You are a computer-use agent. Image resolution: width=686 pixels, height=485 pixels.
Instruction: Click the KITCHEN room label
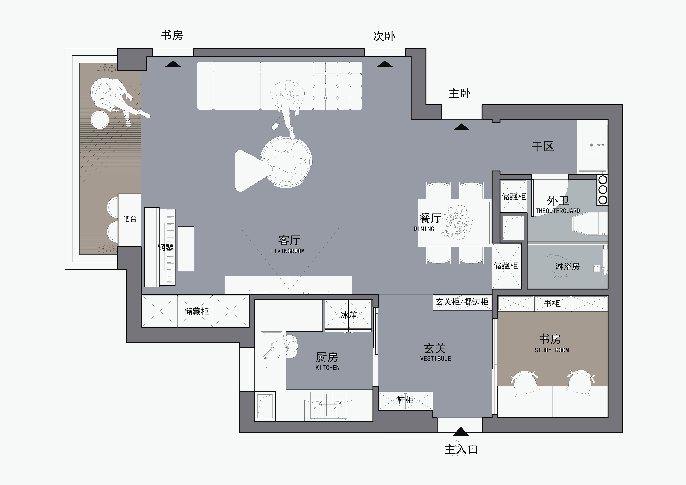point(328,368)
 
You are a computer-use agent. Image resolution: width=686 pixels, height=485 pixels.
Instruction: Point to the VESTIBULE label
point(435,359)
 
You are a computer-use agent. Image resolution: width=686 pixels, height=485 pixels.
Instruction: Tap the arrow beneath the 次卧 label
point(385,64)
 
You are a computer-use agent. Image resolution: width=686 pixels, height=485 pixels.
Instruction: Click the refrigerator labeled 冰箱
point(348,315)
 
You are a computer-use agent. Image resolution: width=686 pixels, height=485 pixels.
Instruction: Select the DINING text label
point(424,229)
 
